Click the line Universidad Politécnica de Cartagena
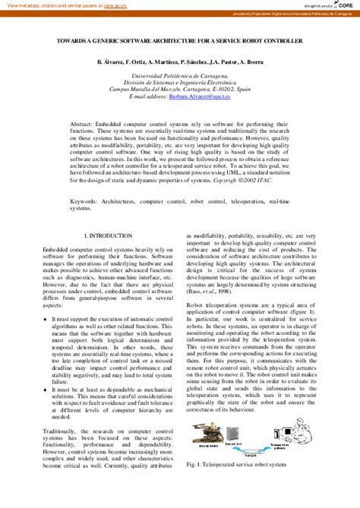(180, 77)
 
